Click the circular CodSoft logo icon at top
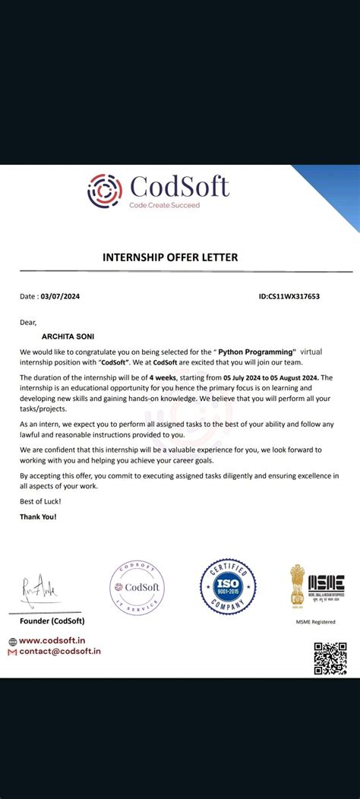105,191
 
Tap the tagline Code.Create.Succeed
164,206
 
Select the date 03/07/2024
60,296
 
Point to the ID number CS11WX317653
289,296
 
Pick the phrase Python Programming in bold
257,352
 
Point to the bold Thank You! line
38,516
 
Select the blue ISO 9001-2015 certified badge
226,586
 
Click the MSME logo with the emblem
317,584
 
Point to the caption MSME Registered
315,622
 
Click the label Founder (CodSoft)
52,621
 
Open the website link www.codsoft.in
57,640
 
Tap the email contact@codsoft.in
60,651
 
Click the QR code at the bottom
330,658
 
